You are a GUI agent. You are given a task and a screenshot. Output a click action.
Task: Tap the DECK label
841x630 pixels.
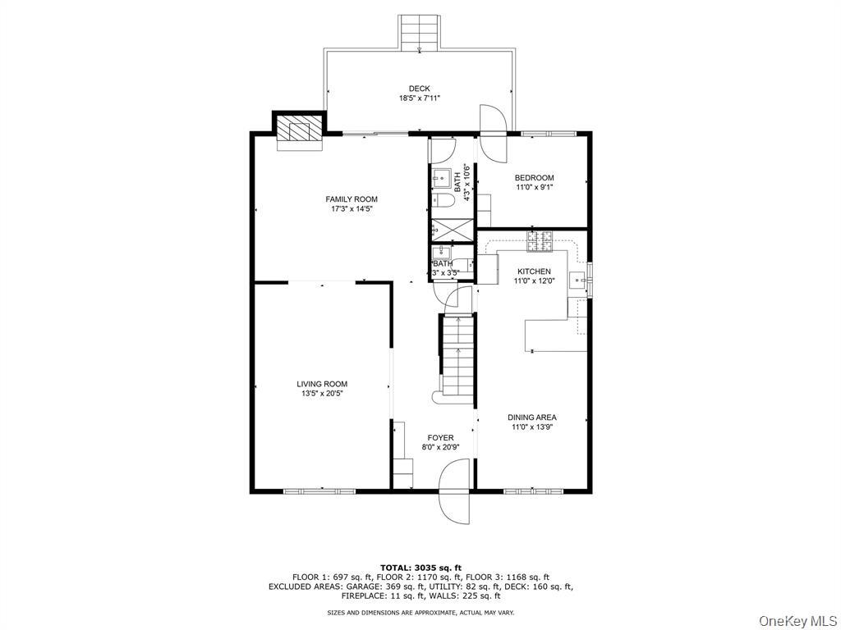point(420,89)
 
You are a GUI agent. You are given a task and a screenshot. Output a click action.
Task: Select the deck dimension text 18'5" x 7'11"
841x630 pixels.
point(420,98)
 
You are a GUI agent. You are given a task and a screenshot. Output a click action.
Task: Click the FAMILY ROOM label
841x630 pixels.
point(352,199)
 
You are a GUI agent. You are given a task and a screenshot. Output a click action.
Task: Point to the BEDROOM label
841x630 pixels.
point(534,178)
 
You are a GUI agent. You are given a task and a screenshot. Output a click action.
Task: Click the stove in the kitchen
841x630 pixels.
point(540,241)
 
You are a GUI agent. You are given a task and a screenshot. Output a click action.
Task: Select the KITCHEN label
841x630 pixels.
point(534,272)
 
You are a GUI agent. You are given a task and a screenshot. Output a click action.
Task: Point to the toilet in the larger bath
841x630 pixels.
point(442,201)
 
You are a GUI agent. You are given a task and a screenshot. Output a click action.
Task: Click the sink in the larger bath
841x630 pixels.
point(441,177)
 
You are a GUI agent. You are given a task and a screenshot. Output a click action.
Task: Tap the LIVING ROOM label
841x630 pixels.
point(322,384)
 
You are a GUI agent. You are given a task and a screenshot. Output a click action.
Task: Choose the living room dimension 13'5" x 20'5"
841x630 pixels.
point(322,394)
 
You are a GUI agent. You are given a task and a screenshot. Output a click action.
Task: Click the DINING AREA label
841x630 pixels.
point(531,418)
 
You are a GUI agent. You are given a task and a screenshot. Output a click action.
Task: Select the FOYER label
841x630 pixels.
point(439,438)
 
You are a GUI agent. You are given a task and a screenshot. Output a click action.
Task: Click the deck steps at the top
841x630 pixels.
point(420,33)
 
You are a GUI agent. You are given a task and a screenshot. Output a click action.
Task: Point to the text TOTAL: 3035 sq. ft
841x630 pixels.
point(420,568)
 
